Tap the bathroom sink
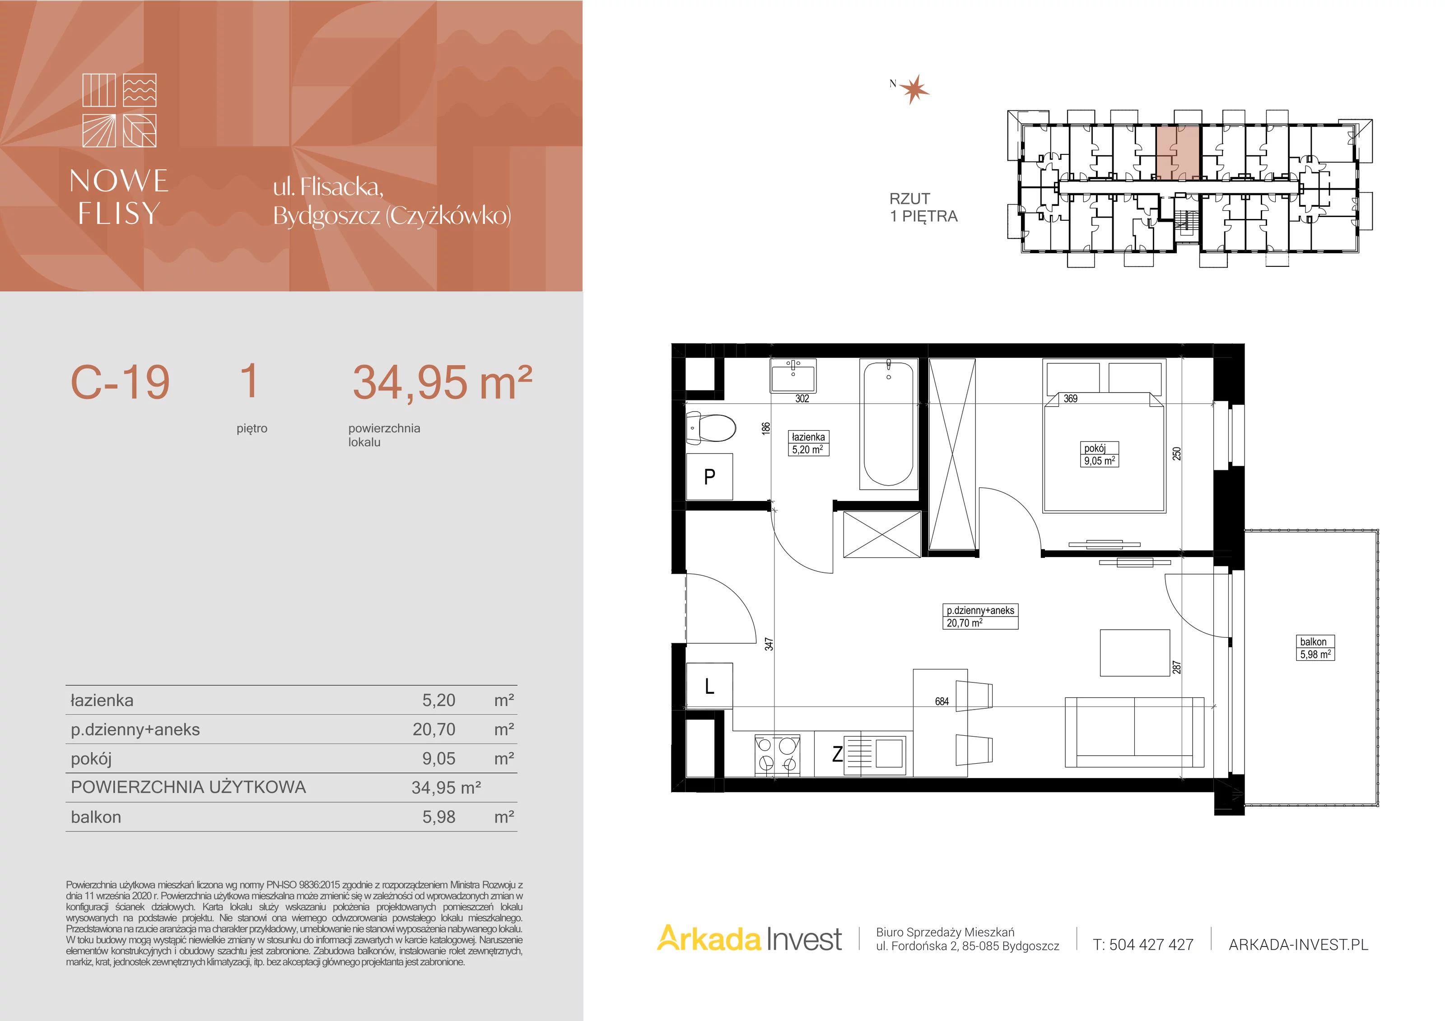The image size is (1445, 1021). tap(793, 376)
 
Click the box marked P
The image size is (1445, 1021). tap(709, 476)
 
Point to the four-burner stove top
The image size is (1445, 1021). tap(777, 754)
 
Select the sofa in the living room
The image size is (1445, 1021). tap(1134, 732)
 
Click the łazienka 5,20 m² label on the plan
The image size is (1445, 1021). tap(808, 443)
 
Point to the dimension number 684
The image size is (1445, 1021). tap(942, 701)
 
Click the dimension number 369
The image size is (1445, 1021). tap(1071, 398)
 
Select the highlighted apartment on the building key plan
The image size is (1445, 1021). tap(1178, 153)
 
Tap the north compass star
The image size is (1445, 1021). tap(914, 89)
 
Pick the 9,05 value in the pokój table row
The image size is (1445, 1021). tap(438, 759)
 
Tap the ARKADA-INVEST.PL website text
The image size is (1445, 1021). tap(1298, 944)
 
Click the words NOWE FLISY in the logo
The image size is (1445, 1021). tap(119, 196)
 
